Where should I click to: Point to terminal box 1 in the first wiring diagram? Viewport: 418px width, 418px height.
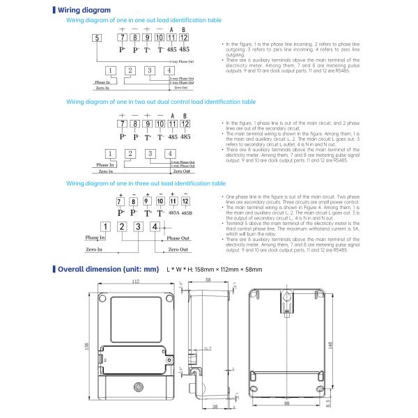pos(109,71)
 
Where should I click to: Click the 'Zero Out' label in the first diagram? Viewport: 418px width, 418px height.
pos(180,88)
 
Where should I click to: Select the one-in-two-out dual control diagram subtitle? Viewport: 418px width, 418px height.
pos(160,102)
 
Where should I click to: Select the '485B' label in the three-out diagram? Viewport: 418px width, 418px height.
pos(187,212)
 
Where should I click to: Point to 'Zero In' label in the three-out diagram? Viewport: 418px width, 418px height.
pos(95,249)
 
